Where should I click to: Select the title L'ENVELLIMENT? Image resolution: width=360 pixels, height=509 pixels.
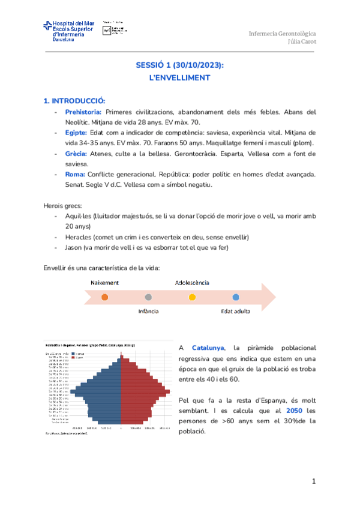point(180,77)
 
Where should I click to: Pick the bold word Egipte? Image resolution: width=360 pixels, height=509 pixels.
point(76,132)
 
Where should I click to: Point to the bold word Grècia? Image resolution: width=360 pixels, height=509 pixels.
point(76,153)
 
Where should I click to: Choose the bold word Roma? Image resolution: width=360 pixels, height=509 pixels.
point(74,174)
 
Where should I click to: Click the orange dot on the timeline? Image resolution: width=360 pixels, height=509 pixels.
point(105,297)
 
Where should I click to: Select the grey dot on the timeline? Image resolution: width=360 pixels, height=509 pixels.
point(148,297)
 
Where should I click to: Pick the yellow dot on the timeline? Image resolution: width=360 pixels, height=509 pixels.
point(192,297)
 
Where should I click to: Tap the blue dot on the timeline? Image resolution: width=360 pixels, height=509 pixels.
point(236,297)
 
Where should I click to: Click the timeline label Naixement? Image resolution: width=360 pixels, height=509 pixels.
point(105,282)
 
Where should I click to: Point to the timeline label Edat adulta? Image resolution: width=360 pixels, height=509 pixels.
point(236,311)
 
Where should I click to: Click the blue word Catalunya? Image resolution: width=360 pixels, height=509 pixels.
point(208,348)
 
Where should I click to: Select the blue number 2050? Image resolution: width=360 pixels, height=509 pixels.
point(294,411)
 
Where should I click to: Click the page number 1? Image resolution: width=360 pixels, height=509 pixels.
point(313,482)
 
